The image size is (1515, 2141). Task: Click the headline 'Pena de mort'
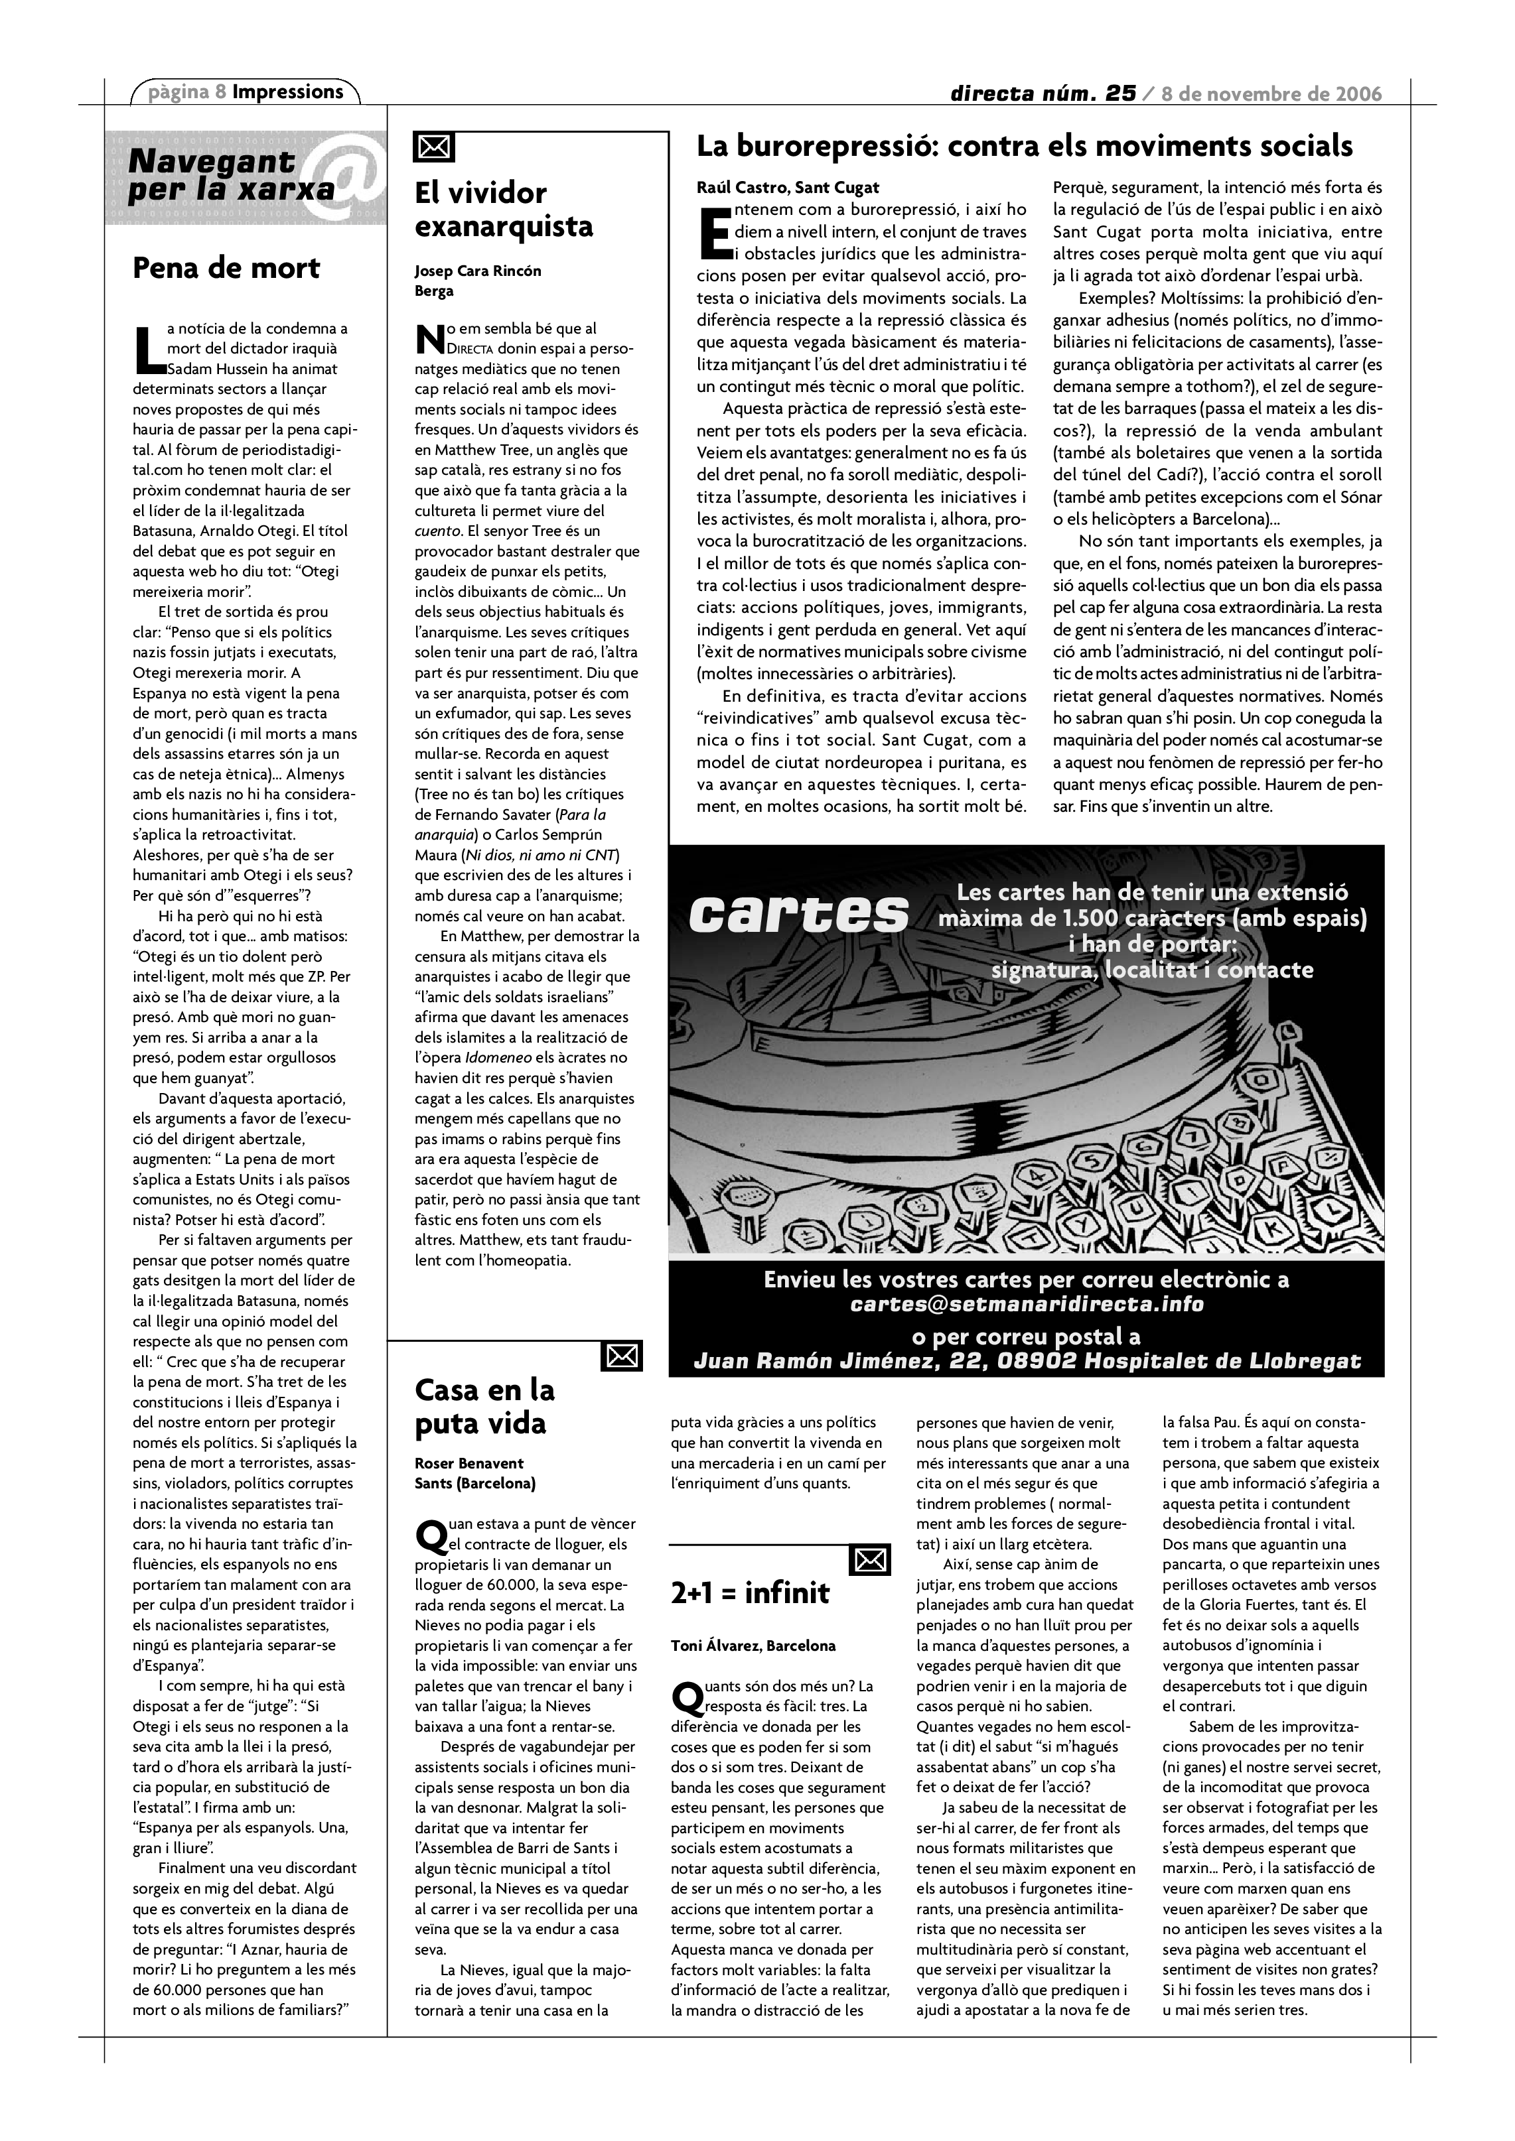[x=227, y=269]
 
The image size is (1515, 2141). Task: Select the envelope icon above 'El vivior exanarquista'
[x=434, y=147]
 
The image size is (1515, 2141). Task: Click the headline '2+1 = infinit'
[x=750, y=1592]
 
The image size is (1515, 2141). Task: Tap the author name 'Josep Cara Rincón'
[x=478, y=271]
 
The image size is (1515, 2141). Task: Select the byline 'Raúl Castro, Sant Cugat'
[x=788, y=188]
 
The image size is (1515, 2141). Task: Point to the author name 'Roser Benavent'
[x=469, y=1463]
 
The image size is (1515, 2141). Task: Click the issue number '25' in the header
[x=1119, y=94]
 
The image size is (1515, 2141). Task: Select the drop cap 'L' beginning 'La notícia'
[x=147, y=350]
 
